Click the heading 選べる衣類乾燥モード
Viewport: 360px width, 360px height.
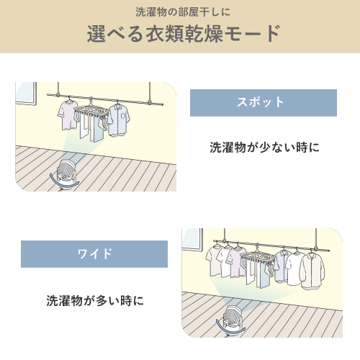(x=184, y=34)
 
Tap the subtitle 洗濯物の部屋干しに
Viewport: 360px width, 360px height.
(x=183, y=12)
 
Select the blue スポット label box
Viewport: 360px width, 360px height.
(x=264, y=103)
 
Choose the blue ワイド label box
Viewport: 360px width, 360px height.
(x=94, y=254)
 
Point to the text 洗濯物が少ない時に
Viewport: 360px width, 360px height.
(x=264, y=147)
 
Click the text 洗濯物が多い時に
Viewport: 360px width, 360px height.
(x=95, y=300)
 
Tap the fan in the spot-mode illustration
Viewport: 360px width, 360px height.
(x=66, y=172)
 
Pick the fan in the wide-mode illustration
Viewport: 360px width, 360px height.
(x=232, y=318)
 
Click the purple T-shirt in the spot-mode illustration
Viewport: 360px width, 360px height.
(x=68, y=115)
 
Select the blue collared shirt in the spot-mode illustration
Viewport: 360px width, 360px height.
(x=119, y=120)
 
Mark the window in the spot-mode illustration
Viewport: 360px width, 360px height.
(x=26, y=94)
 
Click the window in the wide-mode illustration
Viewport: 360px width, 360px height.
(x=192, y=239)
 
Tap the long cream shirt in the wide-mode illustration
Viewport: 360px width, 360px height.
(x=312, y=271)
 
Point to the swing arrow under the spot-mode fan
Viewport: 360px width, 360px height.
(x=64, y=182)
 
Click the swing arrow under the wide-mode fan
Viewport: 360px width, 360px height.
(x=230, y=330)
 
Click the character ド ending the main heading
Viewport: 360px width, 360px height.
(x=273, y=34)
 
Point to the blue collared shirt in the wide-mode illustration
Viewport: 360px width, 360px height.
(x=282, y=266)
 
